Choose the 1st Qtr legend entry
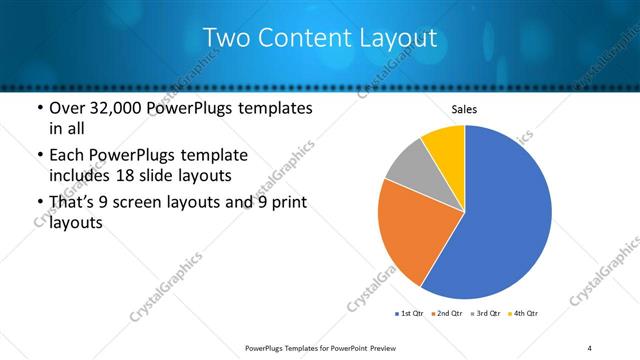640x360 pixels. tap(411, 314)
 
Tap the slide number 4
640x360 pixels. tap(590, 346)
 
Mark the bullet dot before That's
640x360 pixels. tap(39, 203)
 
